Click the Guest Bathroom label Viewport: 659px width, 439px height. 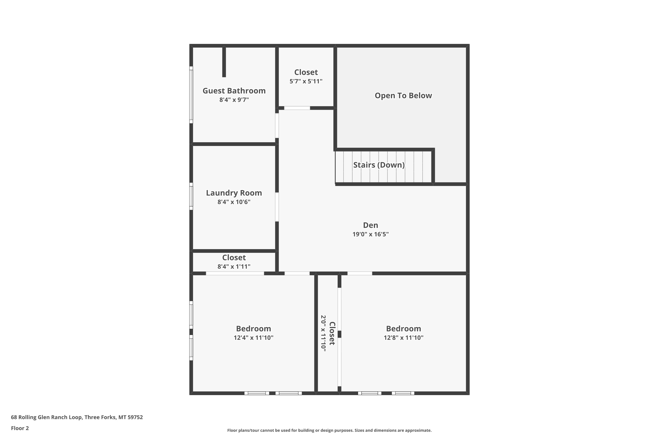[x=234, y=91]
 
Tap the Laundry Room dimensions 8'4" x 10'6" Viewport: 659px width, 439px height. [x=234, y=202]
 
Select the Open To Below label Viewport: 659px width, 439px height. [x=403, y=95]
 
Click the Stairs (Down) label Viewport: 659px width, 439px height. [x=379, y=165]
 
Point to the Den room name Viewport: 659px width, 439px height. [x=370, y=225]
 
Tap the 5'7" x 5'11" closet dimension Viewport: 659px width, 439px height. [x=306, y=81]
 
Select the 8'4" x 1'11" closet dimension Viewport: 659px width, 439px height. [x=234, y=266]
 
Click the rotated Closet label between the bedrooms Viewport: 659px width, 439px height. [x=332, y=333]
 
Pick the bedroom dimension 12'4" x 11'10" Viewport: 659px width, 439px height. [x=253, y=338]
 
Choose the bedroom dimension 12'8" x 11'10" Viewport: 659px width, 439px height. [x=404, y=338]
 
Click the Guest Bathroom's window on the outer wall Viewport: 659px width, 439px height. [x=191, y=95]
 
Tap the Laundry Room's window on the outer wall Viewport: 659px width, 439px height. [x=191, y=196]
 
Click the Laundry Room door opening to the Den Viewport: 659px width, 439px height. [x=277, y=207]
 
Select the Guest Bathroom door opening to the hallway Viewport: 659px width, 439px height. [x=277, y=125]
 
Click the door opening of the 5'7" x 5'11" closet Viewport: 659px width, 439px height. [x=297, y=108]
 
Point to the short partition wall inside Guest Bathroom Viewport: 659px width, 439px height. [x=224, y=62]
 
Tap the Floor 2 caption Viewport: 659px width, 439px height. [x=20, y=428]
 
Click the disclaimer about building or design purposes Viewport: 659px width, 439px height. [x=329, y=430]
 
